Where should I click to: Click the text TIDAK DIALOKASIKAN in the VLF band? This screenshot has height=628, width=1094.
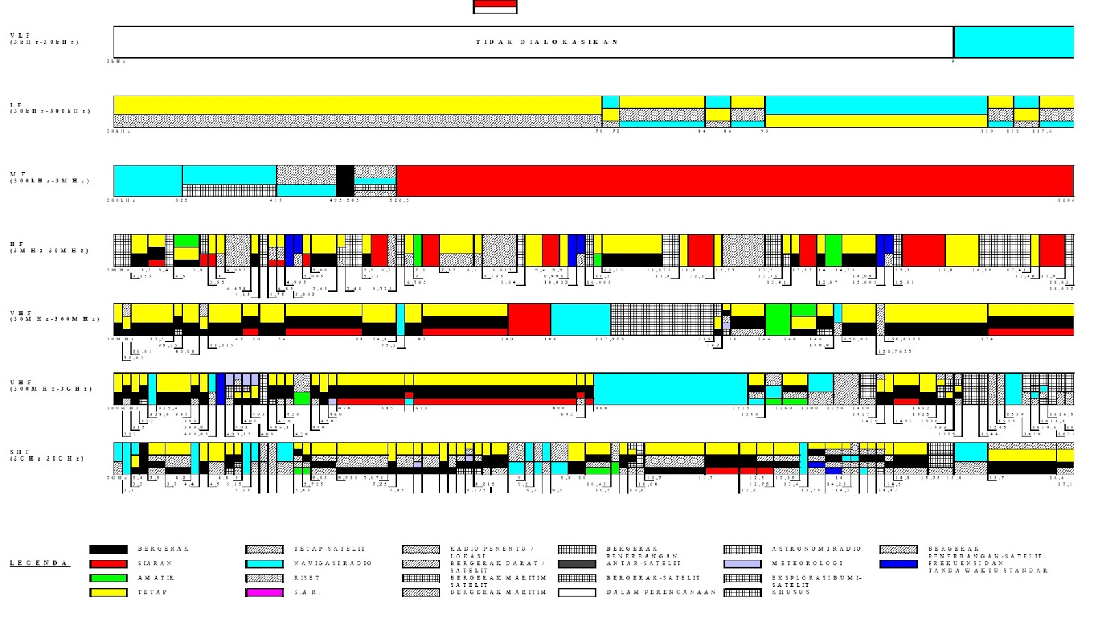point(546,42)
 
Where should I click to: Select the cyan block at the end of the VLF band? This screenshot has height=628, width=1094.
point(1013,42)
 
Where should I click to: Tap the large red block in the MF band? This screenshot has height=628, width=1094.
point(734,181)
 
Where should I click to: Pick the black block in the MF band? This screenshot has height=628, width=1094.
point(345,181)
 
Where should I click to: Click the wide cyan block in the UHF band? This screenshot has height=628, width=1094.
point(670,389)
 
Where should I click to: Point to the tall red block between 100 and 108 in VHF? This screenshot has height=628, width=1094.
point(529,319)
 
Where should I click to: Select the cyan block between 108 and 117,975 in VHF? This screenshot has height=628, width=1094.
point(581,319)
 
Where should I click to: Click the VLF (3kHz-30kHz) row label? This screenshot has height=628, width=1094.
point(44,39)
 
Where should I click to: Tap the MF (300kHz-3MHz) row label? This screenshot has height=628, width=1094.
point(50,178)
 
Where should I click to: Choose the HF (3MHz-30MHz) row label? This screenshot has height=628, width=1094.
point(49,247)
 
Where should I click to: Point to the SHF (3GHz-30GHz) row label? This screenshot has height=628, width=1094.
point(47,455)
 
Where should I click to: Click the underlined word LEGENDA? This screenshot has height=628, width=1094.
point(39,564)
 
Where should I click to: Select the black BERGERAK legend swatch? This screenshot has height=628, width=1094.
point(108,549)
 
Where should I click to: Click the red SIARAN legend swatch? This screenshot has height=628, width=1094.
point(108,564)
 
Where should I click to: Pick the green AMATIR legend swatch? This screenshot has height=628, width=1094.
point(108,578)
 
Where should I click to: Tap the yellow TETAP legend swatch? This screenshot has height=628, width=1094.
point(108,592)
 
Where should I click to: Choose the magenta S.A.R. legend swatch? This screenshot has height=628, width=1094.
point(265,592)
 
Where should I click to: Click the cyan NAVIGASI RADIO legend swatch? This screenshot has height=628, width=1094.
point(265,564)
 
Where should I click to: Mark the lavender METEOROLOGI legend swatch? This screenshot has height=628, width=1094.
point(743,564)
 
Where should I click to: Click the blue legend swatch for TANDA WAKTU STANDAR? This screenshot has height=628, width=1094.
point(898,564)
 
